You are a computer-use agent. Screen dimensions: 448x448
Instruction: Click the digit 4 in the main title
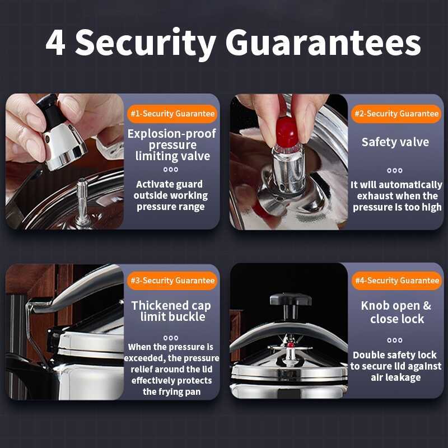click(55, 43)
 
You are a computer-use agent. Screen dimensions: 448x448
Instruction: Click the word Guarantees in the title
click(323, 43)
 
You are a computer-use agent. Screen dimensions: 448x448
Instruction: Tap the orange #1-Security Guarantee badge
click(172, 114)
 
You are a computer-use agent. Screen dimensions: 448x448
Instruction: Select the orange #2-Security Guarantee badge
click(396, 114)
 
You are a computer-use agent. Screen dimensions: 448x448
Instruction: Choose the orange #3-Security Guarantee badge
click(172, 281)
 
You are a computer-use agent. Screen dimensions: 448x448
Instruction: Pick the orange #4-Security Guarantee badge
click(397, 281)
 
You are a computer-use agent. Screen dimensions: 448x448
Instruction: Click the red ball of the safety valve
click(287, 132)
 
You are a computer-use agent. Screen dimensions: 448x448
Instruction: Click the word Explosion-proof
click(172, 134)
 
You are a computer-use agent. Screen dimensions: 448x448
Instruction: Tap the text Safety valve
click(395, 142)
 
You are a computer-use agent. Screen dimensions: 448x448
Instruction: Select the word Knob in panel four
click(375, 306)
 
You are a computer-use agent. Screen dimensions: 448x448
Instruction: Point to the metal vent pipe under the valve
click(82, 200)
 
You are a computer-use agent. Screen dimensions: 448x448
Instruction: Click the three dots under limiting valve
click(171, 170)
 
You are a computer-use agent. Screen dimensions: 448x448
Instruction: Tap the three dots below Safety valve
click(395, 171)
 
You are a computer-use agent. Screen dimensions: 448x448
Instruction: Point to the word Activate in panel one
click(152, 184)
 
